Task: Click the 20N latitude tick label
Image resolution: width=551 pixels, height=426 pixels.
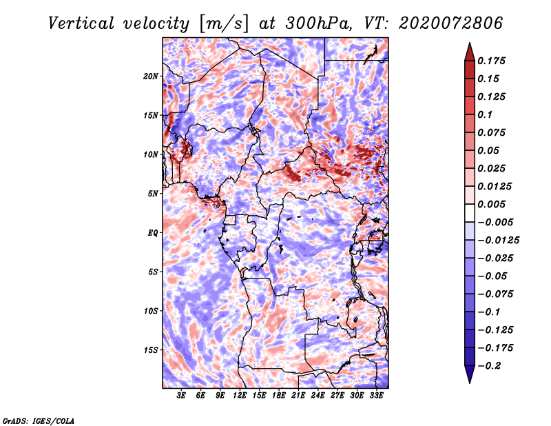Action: [150, 77]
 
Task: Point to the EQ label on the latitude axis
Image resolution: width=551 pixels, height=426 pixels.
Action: [153, 233]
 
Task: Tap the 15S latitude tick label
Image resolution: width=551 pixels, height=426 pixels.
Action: [150, 350]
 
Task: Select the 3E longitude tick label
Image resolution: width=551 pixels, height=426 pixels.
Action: [181, 395]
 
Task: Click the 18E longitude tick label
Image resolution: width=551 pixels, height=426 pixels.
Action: [279, 395]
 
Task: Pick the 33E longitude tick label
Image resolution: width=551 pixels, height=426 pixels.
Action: [376, 395]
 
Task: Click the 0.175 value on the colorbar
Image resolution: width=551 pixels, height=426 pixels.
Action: [491, 61]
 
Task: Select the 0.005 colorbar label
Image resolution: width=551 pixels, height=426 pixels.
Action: [491, 204]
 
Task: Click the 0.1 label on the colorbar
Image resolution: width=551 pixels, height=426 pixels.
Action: [485, 114]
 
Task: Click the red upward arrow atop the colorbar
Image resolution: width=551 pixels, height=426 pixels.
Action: [470, 52]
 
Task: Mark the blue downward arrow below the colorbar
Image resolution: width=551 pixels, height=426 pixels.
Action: [470, 374]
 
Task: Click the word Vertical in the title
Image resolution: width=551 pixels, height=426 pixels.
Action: [81, 23]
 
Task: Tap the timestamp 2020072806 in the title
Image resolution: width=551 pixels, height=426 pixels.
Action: [451, 23]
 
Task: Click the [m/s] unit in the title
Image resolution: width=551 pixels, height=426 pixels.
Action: [224, 24]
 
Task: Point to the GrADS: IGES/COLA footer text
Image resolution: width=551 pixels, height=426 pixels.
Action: [39, 421]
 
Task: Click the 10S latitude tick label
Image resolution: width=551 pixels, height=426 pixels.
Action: [150, 312]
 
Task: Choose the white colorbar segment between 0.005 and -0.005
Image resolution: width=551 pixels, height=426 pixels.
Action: [470, 213]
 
